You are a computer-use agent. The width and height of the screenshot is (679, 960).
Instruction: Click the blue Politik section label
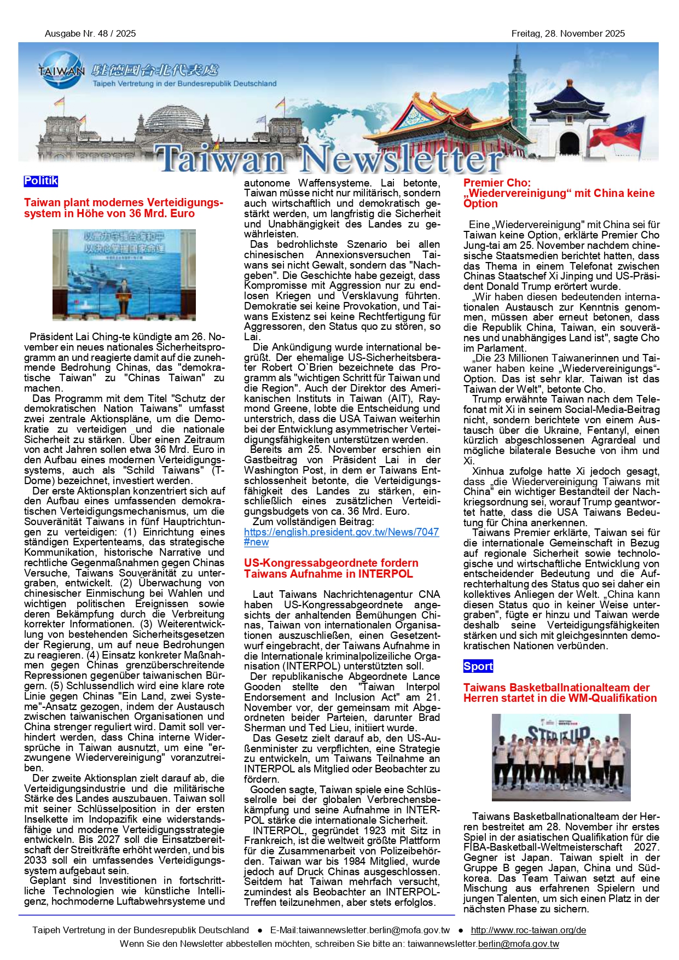point(40,181)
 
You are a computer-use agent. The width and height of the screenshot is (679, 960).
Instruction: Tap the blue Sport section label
point(478,666)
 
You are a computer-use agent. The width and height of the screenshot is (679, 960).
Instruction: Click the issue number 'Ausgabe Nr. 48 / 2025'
point(90,33)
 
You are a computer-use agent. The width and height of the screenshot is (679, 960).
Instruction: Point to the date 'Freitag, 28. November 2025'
point(568,33)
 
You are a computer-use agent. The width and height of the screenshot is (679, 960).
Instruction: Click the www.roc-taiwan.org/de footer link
point(528,930)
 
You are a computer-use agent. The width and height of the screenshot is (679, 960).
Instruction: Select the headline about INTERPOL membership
point(331,568)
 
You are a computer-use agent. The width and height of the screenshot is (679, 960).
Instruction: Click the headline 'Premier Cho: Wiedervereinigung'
point(559,193)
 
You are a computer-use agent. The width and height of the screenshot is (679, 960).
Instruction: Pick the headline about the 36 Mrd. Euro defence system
point(124,208)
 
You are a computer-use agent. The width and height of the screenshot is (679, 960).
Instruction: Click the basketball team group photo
point(561,757)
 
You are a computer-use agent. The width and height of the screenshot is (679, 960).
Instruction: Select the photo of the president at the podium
point(124,275)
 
